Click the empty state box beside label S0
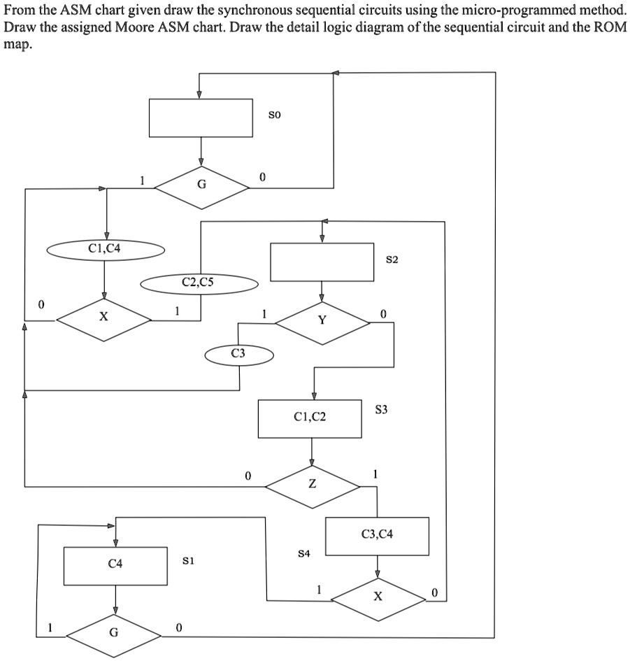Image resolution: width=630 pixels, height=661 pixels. [201, 118]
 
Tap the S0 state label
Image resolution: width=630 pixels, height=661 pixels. [275, 113]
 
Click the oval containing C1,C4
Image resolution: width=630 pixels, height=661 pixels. [106, 248]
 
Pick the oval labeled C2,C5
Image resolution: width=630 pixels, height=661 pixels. [199, 283]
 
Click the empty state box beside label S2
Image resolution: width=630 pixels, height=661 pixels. [322, 262]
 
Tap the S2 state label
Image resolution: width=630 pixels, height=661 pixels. [392, 260]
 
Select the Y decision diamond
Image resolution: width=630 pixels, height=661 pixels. [322, 321]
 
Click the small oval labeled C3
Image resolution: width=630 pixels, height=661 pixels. [238, 355]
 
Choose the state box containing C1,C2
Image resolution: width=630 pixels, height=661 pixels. [310, 418]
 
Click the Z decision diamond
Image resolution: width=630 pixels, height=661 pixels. [312, 485]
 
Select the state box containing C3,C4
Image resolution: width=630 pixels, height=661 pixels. [377, 536]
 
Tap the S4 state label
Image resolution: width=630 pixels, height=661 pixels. [303, 553]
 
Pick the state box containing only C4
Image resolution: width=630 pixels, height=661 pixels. [115, 565]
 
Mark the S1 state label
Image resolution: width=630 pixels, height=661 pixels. [187, 560]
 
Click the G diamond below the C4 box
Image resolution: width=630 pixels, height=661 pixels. [115, 635]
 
